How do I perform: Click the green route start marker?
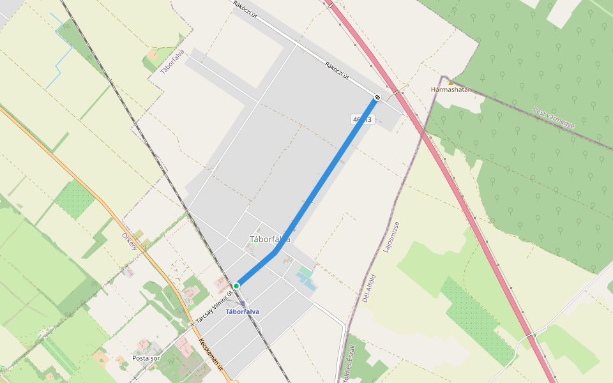coord(236,285)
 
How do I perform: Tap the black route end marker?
coord(377,97)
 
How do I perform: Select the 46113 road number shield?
coord(361,120)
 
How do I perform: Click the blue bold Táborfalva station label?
coord(243,312)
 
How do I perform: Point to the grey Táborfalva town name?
coord(269,239)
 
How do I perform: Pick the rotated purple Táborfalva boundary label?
coord(172,62)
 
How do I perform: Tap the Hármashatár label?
coord(450,89)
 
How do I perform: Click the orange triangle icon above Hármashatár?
coord(451,82)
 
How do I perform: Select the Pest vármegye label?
coord(554,118)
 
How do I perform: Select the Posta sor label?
coord(146,358)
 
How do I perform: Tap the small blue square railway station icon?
coord(243,304)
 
